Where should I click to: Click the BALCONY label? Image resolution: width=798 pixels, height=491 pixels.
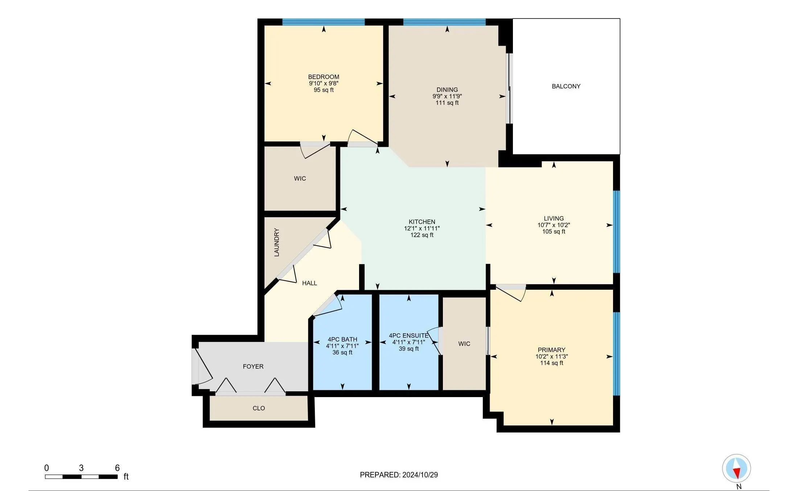tap(566, 86)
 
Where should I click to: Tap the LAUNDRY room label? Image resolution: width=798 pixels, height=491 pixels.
tap(277, 242)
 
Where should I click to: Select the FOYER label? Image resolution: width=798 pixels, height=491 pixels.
tap(253, 367)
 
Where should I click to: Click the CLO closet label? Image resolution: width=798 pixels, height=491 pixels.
tap(259, 408)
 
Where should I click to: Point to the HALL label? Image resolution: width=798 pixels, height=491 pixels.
tap(309, 283)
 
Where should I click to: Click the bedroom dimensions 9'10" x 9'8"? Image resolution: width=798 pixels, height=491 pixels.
tap(324, 83)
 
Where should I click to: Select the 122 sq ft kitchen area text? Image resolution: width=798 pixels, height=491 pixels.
tap(422, 235)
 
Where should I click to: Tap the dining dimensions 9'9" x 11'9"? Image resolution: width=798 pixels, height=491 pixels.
tap(447, 96)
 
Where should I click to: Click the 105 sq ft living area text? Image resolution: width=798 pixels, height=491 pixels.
tap(554, 232)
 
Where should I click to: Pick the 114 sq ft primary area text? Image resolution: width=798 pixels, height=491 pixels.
tap(551, 363)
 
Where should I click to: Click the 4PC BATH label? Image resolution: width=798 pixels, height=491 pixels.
tap(342, 340)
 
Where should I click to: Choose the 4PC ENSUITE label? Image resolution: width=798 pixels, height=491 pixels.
tap(409, 336)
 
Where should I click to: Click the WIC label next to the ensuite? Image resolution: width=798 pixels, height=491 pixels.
tap(464, 344)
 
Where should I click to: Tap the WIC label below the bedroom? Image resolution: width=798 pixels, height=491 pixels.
tap(300, 178)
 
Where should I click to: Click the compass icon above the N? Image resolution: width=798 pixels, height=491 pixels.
tap(736, 468)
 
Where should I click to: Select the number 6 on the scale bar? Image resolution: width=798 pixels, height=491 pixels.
tap(117, 468)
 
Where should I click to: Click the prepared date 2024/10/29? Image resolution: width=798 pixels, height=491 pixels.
tap(419, 475)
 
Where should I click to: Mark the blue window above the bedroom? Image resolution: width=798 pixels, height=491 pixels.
tap(324, 22)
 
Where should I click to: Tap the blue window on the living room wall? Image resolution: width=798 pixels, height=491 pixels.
tap(616, 231)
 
